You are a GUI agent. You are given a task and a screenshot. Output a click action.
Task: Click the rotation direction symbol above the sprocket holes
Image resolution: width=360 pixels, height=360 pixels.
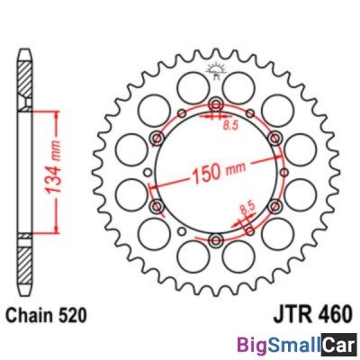tap(215, 68)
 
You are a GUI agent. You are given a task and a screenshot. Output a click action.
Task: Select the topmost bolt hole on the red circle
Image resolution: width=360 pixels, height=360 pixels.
tap(215, 108)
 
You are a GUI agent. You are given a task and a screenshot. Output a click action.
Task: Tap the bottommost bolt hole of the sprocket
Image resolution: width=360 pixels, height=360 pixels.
tap(215, 238)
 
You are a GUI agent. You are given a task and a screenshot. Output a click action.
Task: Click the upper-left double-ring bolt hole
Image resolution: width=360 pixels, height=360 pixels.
tap(158, 139)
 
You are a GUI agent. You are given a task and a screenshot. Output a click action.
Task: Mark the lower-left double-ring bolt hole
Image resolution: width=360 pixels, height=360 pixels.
tap(158, 207)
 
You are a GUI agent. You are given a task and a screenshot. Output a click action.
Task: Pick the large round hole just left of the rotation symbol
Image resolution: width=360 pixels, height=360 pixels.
tap(190, 86)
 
